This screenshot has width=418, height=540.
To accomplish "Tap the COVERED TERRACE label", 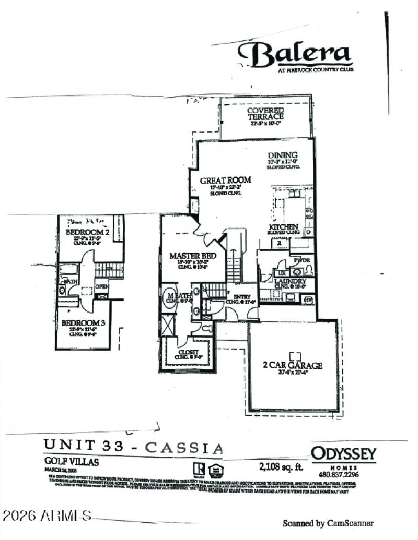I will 265,114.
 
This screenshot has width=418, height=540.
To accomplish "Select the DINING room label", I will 283,155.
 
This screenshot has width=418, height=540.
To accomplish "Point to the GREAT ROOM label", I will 226,180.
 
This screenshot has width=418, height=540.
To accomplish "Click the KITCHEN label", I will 284,227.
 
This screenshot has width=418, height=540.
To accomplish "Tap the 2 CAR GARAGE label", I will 292,365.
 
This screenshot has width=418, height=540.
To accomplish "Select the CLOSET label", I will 188,352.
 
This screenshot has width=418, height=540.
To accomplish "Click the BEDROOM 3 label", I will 84,323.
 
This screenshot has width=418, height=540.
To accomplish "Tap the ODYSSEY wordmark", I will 343,453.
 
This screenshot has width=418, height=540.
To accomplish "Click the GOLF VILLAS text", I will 71,462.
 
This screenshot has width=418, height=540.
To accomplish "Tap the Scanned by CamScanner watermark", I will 328,523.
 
